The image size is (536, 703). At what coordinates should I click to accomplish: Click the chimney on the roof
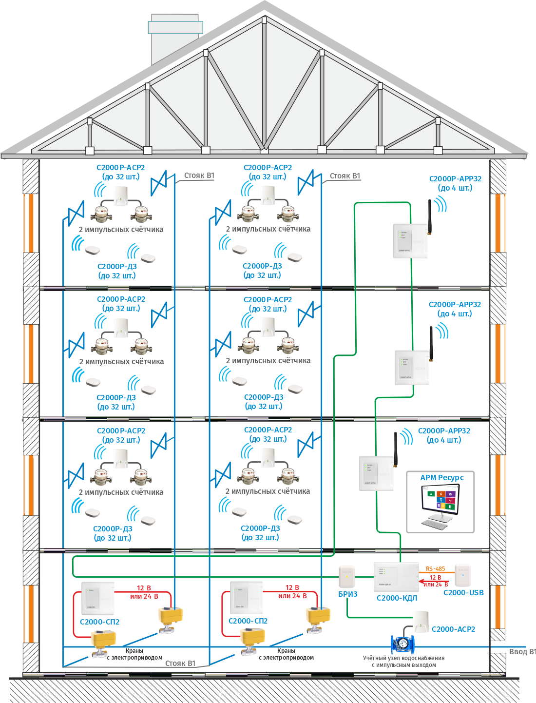pos(175,39)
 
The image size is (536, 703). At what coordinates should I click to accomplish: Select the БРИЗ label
pos(348,594)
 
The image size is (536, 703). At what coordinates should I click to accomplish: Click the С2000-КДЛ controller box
pos(396,577)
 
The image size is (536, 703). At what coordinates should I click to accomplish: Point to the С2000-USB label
pos(463,593)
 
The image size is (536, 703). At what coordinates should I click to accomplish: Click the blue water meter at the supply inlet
pos(402,644)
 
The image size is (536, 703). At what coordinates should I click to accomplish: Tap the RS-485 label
pos(435,568)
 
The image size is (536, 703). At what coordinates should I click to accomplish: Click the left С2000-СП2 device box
pos(97,598)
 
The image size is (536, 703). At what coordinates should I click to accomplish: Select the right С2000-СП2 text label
pos(248,621)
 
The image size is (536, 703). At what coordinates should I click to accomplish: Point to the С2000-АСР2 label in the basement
pos(453,629)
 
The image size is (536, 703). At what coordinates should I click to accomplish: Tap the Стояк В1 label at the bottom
pos(180,664)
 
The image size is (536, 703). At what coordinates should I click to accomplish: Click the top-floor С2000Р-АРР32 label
pos(455,179)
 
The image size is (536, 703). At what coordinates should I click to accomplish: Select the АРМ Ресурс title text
pos(442,478)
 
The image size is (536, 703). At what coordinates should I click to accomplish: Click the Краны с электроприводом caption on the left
pos(134,654)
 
